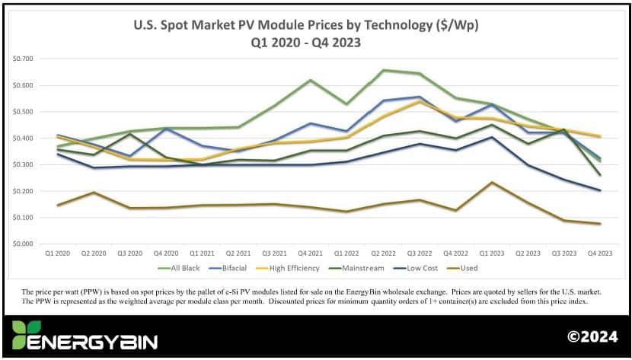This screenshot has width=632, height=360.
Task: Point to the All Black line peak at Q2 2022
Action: (x=383, y=70)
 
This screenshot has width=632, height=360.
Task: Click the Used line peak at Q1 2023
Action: (x=491, y=183)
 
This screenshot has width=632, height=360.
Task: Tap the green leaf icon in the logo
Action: (x=24, y=335)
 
